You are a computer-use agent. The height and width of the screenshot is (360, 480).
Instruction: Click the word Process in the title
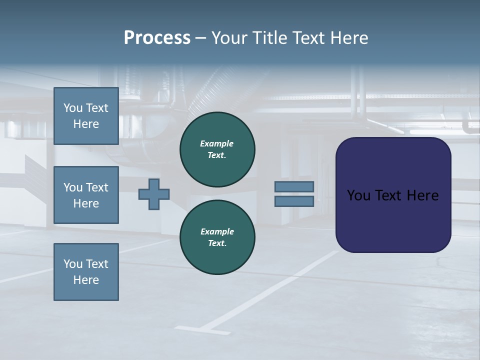(157, 38)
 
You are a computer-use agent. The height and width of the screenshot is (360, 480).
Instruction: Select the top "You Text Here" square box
(86, 116)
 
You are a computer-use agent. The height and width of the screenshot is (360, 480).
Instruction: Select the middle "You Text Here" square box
(86, 195)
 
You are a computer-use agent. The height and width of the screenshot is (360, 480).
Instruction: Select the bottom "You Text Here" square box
(86, 272)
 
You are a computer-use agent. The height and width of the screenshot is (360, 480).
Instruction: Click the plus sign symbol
(154, 194)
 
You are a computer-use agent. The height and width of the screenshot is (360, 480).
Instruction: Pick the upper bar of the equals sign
(294, 187)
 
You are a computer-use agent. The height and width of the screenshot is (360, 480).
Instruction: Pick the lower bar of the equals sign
(294, 201)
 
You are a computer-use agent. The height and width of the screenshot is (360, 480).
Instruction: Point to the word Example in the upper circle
(217, 143)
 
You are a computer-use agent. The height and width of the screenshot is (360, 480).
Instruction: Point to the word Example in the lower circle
(217, 231)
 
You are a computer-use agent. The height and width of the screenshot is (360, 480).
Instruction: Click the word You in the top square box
(73, 108)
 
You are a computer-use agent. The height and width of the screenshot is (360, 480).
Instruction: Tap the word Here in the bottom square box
(86, 280)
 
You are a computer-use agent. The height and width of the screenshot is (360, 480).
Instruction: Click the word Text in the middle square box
(97, 187)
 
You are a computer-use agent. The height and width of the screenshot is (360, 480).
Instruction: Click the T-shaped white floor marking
(210, 329)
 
